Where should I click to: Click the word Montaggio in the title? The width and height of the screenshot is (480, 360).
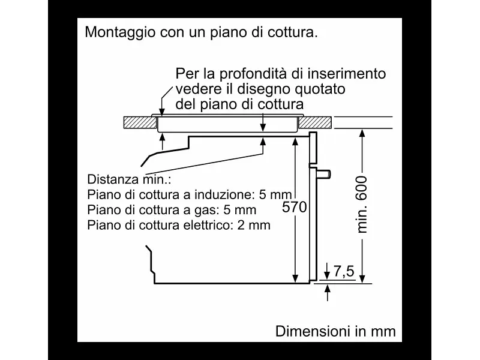pos(120,32)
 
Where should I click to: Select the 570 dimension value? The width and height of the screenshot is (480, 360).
pos(294,207)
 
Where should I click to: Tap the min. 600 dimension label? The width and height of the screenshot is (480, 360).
pos(362,205)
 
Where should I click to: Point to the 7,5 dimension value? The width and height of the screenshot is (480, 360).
pos(344,271)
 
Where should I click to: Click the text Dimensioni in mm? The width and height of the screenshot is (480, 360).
pos(335,331)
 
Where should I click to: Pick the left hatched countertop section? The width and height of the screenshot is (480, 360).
pos(140,122)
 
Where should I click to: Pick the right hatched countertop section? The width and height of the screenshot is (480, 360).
pos(315,122)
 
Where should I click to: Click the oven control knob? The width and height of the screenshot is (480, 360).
pos(323,174)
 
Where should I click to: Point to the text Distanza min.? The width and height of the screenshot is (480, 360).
pos(129,179)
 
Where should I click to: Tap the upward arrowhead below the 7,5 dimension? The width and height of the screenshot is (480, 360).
pos(328,289)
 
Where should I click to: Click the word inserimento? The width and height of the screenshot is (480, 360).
pos(347,74)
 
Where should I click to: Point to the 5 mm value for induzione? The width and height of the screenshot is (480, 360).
pos(275,194)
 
